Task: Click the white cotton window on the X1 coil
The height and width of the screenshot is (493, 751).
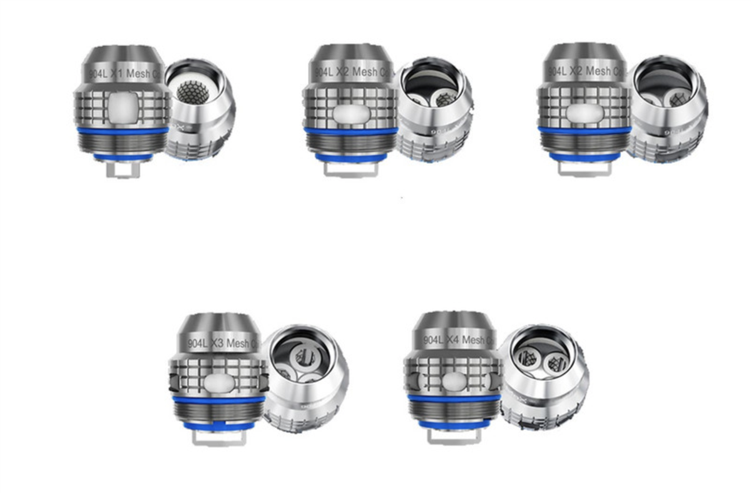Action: pyautogui.click(x=123, y=106)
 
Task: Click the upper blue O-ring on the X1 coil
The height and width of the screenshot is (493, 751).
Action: pyautogui.click(x=123, y=131)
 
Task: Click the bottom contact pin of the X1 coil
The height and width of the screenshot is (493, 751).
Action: pyautogui.click(x=123, y=170)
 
